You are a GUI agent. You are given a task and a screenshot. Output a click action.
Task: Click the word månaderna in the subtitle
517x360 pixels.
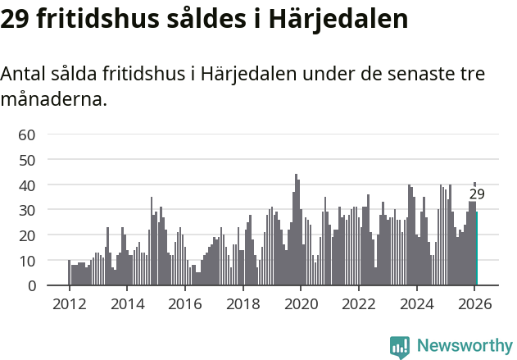pyautogui.click(x=53, y=100)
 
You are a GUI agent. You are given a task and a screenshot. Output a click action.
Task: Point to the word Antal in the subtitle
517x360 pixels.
pyautogui.click(x=24, y=74)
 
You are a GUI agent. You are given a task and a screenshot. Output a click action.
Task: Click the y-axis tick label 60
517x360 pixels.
pyautogui.click(x=27, y=134)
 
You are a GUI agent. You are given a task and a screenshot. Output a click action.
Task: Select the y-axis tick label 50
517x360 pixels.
pyautogui.click(x=27, y=159)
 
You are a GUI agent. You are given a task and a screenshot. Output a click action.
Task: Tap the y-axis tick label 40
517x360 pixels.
pyautogui.click(x=27, y=185)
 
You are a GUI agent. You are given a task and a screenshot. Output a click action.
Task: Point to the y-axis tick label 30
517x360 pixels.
pyautogui.click(x=27, y=210)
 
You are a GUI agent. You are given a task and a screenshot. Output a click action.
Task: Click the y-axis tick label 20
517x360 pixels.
pyautogui.click(x=27, y=235)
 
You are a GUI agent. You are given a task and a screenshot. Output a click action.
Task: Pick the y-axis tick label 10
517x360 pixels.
pyautogui.click(x=27, y=261)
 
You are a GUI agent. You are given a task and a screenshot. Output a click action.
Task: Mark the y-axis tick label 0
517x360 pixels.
pyautogui.click(x=31, y=286)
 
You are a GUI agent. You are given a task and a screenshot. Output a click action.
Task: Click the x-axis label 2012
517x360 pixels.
pyautogui.click(x=69, y=303)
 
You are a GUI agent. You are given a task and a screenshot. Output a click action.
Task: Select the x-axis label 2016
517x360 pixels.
pyautogui.click(x=184, y=303)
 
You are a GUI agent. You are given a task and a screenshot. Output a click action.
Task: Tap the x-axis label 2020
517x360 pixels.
pyautogui.click(x=301, y=303)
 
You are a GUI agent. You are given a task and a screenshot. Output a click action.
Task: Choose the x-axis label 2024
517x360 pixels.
pyautogui.click(x=416, y=303)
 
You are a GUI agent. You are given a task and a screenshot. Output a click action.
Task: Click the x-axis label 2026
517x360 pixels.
pyautogui.click(x=474, y=303)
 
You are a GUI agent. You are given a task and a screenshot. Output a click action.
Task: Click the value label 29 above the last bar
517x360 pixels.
pyautogui.click(x=477, y=194)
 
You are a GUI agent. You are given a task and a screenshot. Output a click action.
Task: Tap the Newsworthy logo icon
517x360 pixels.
pyautogui.click(x=400, y=347)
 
